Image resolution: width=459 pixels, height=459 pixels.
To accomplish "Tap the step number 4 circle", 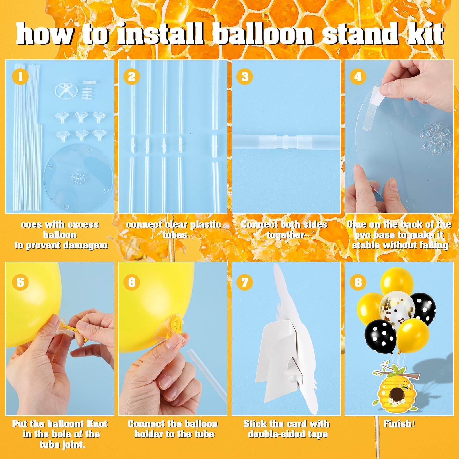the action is [358, 77].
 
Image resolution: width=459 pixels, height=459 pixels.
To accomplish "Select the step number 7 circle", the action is [245, 282].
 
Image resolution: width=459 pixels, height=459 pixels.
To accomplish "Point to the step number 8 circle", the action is [358, 282].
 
